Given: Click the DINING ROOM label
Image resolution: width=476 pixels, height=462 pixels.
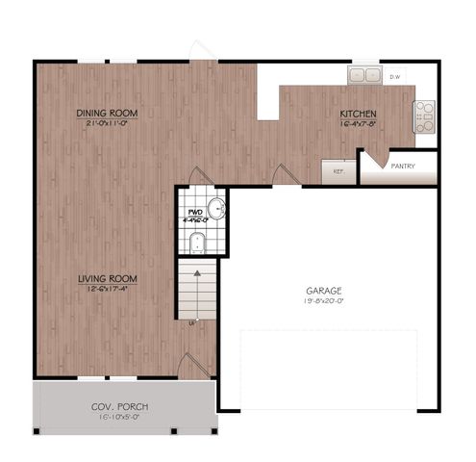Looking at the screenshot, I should pyautogui.click(x=107, y=114).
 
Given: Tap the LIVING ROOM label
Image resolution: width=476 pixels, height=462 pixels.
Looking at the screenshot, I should pyautogui.click(x=107, y=280).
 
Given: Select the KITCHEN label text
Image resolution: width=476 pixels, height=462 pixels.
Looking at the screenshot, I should pyautogui.click(x=358, y=115).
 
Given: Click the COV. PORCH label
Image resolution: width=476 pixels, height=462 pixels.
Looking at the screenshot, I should pyautogui.click(x=120, y=408).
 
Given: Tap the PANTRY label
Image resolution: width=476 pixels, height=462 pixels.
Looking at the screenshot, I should pyautogui.click(x=403, y=166).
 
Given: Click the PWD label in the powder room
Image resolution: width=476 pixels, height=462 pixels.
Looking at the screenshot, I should pyautogui.click(x=194, y=211).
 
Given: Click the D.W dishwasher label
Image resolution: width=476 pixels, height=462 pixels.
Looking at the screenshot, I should pyautogui.click(x=394, y=76).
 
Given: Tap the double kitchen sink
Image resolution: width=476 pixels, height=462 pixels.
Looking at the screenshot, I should pyautogui.click(x=363, y=75).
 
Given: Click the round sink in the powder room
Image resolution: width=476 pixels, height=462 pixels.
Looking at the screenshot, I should pyautogui.click(x=217, y=207).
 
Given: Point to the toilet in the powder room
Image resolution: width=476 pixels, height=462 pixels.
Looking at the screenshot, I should pyautogui.click(x=198, y=242).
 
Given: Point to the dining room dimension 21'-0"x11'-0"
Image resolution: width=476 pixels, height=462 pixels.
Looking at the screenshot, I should pyautogui.click(x=107, y=124).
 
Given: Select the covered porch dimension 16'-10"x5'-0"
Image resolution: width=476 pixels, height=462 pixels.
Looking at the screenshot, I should pyautogui.click(x=121, y=419).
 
